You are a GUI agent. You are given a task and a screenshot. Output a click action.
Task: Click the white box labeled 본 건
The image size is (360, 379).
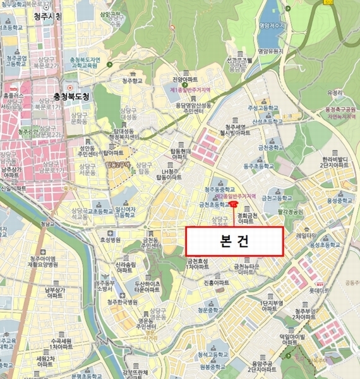coord(234,241)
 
